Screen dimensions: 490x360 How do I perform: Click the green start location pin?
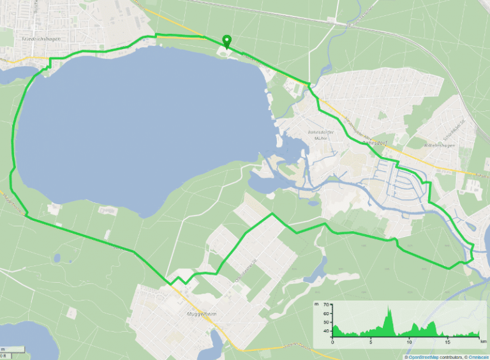pos(226,41)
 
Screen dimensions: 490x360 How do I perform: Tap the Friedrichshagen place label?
pos(27,39)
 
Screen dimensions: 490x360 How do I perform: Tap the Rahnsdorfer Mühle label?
pos(321,136)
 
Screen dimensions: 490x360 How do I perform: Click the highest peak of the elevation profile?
pos(388,308)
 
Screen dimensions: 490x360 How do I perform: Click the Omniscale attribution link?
pos(475,356)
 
